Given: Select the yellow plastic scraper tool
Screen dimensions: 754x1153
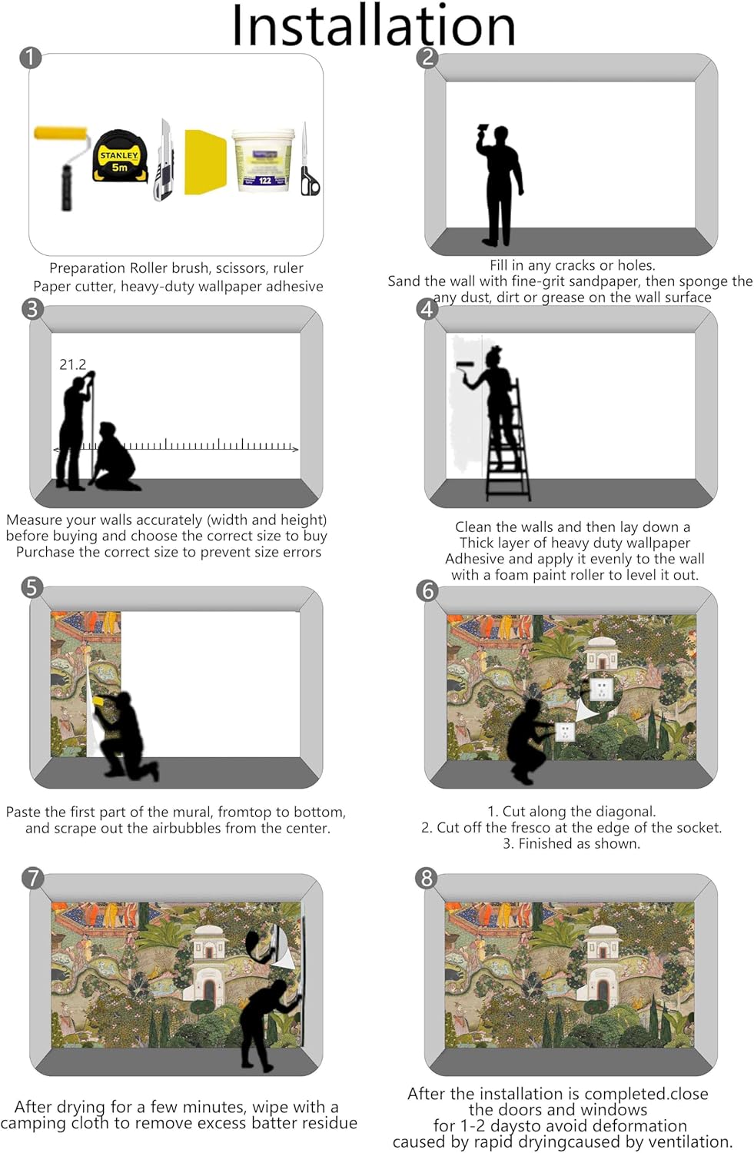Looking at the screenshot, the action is tap(205, 162).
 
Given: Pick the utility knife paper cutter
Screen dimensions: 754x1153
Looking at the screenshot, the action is tap(164, 160).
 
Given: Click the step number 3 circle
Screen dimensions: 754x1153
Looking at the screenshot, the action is tap(32, 309).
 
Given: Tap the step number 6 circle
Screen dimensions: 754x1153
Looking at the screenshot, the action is tap(427, 590).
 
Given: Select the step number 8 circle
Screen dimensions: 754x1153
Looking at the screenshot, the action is tap(426, 878).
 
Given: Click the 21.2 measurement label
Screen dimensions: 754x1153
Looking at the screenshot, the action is tap(72, 364).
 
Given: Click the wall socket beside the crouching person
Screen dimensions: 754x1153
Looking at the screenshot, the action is tap(565, 731).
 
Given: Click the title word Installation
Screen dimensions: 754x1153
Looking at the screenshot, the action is tap(374, 25).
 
